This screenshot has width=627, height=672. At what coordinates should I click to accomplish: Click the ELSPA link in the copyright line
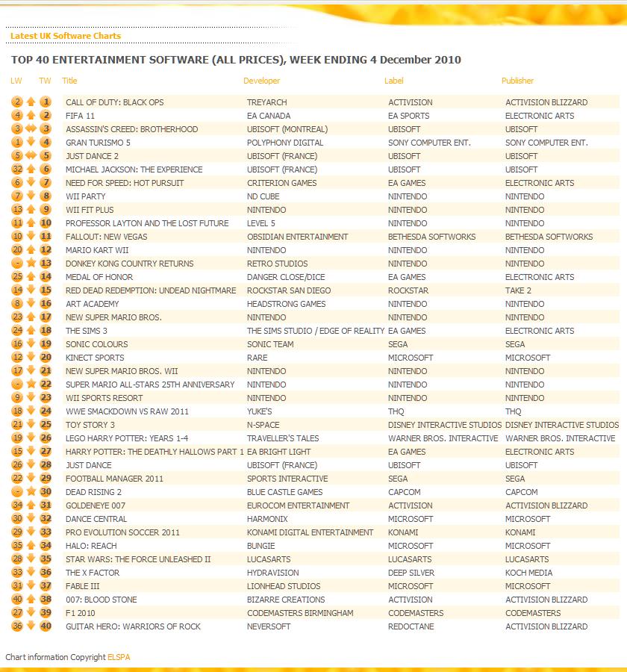point(118,657)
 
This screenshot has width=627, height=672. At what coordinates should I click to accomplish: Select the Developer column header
point(261,81)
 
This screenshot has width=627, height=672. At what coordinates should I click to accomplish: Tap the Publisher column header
point(517,81)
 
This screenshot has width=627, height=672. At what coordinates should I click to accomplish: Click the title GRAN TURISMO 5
point(99,143)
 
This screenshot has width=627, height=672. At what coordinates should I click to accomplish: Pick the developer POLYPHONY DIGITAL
point(285,143)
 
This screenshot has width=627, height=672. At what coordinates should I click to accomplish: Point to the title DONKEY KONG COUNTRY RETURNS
point(129,264)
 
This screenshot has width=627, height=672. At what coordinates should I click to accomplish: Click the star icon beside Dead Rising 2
point(31,492)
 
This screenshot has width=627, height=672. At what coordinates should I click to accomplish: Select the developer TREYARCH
point(266,102)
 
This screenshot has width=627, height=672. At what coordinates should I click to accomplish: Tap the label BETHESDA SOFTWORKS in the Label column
point(431,237)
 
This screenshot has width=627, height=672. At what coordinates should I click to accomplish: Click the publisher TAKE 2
point(518,290)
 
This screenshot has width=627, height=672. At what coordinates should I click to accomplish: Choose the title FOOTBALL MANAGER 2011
point(114,479)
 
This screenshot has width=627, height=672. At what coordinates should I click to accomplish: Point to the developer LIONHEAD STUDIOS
point(284,586)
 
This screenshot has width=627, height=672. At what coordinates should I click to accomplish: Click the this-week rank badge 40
point(46,626)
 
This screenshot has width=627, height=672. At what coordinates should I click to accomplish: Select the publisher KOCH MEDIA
point(528,573)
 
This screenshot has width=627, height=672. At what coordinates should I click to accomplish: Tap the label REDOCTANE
point(410,626)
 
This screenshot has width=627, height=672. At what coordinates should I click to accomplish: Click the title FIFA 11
point(80,116)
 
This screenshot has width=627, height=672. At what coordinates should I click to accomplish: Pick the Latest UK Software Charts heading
point(66,36)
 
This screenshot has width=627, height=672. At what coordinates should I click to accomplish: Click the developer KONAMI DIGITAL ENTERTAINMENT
point(310,532)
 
